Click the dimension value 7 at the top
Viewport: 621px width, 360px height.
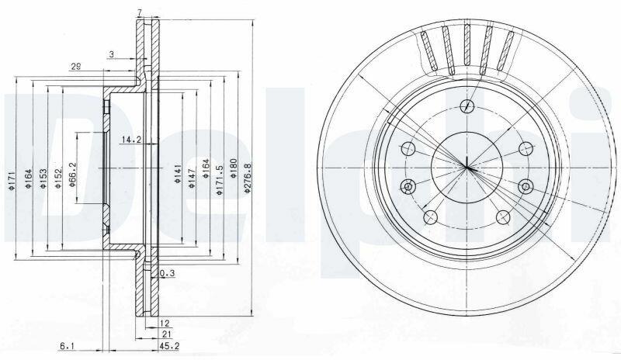pos(139,13)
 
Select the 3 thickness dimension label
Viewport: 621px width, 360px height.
pos(112,54)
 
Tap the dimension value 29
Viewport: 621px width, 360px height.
pos(75,67)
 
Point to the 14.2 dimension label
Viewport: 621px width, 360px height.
pos(131,140)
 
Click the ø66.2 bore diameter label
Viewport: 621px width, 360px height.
pos(72,175)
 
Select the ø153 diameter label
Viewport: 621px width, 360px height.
pos(43,178)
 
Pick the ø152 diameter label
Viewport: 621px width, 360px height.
pos(58,178)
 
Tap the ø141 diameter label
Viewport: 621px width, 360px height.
pos(178,174)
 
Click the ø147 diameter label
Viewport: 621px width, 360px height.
pos(192,178)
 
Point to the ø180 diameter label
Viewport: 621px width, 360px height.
pos(234,168)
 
